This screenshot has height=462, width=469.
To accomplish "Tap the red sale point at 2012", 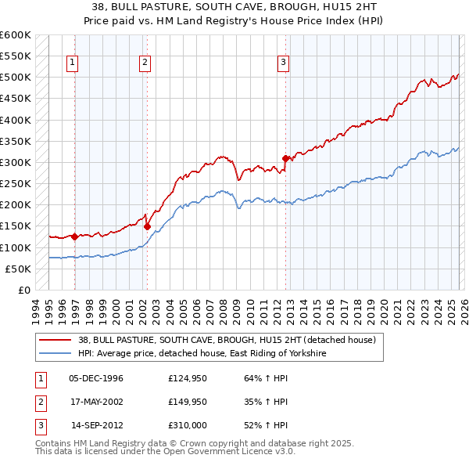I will (285, 158).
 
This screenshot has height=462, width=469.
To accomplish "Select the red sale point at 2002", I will (147, 226).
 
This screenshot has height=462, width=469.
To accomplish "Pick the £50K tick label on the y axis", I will (19, 269).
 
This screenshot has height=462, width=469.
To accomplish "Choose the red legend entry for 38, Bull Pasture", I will (227, 340).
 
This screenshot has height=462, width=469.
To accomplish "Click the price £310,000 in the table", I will (187, 425).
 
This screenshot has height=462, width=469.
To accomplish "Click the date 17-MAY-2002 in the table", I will (96, 402).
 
